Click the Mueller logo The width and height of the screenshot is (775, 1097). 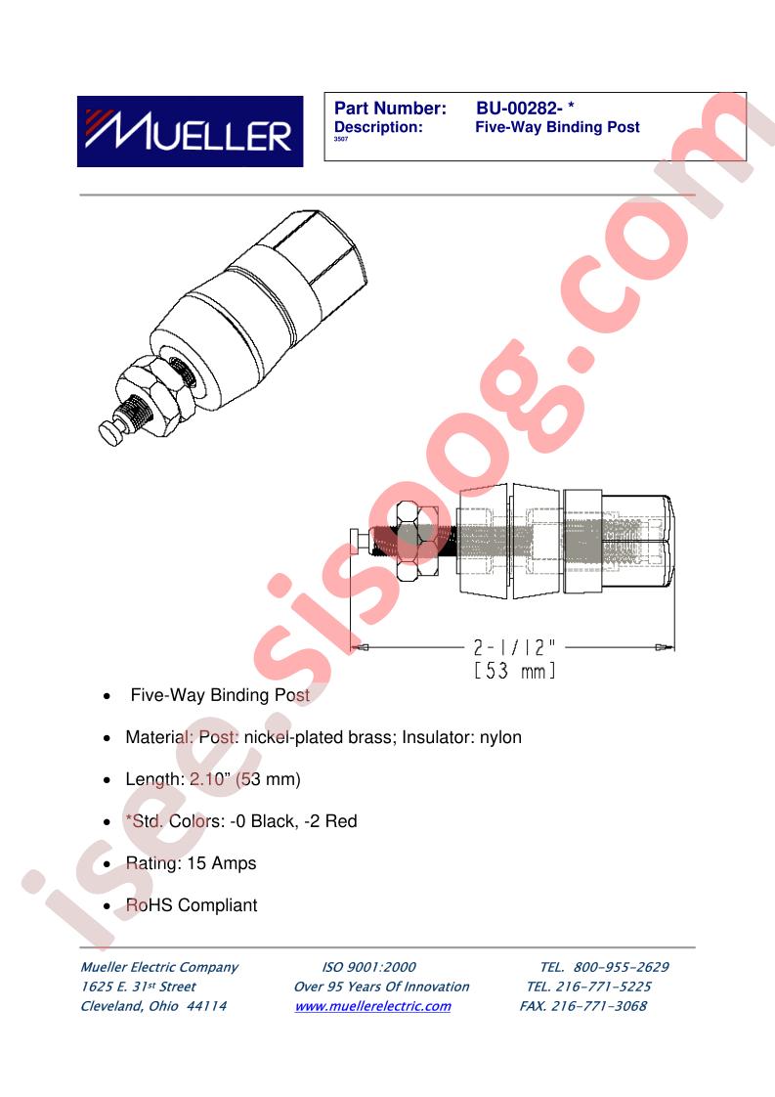tap(190, 132)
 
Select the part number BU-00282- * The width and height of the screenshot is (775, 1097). tap(525, 109)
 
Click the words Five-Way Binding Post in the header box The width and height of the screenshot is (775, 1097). tap(557, 127)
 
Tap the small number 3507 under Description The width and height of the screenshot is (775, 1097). tap(341, 139)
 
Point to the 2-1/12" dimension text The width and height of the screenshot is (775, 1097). tap(515, 647)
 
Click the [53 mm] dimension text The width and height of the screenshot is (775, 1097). tap(515, 671)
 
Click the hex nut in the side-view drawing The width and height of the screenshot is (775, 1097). tap(417, 542)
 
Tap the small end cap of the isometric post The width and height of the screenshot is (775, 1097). tap(112, 432)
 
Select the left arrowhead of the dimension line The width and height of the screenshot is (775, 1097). tap(359, 647)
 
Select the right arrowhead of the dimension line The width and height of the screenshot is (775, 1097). tap(666, 647)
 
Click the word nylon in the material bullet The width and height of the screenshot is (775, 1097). tap(500, 738)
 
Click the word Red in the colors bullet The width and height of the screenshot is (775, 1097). tap(341, 821)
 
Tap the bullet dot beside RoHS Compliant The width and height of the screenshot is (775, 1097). tap(107, 906)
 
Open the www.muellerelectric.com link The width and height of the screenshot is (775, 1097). tap(372, 1006)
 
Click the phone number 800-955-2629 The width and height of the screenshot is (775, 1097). tap(622, 967)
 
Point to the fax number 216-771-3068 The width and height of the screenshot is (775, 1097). tap(599, 1006)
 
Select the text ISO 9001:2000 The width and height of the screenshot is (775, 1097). tap(368, 967)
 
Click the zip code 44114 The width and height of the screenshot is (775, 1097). tap(207, 1006)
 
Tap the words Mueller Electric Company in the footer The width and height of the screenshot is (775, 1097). tap(159, 968)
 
